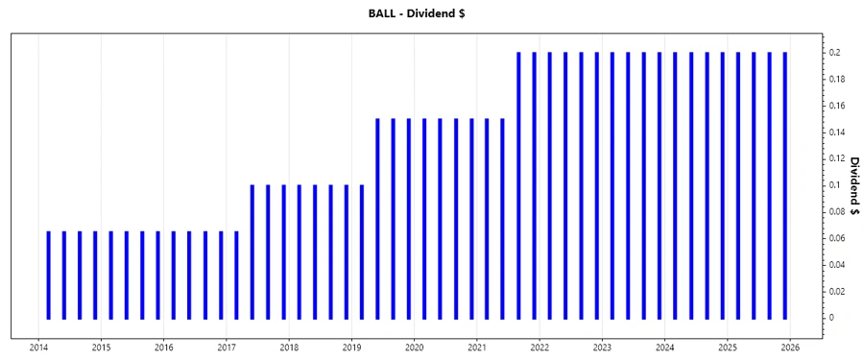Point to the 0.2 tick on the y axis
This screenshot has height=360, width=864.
(x=837, y=53)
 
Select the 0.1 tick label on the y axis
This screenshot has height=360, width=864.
(x=837, y=185)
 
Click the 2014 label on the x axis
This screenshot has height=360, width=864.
(x=38, y=347)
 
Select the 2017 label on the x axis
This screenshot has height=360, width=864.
(x=227, y=347)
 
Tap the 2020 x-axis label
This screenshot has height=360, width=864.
(x=415, y=347)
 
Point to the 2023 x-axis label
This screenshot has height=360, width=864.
(x=602, y=347)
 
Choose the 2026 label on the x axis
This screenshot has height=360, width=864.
(x=790, y=347)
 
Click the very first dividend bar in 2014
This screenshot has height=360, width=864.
(x=48, y=275)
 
